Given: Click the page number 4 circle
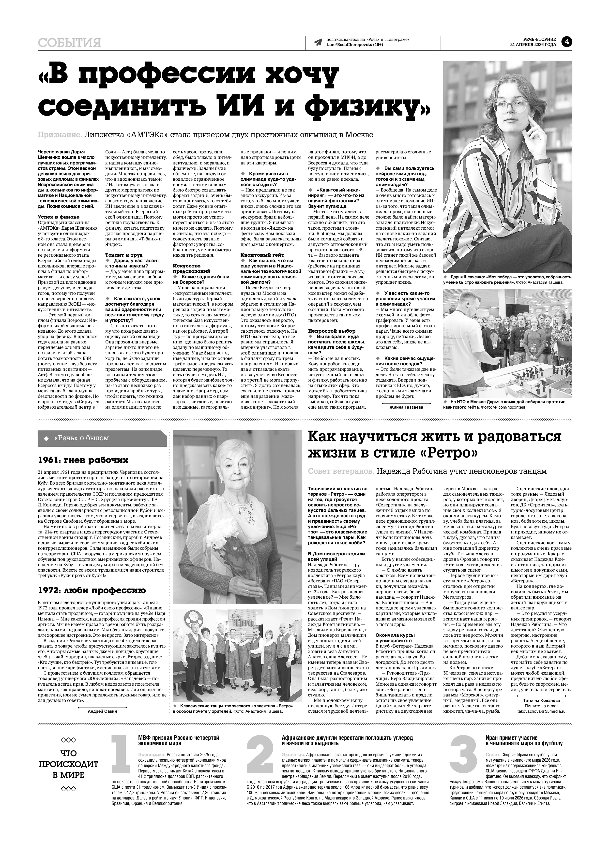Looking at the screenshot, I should (567, 42).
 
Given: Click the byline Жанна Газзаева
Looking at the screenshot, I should (406, 407).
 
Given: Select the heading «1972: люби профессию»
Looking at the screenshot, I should (92, 590).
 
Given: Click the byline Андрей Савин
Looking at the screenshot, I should (102, 711).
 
